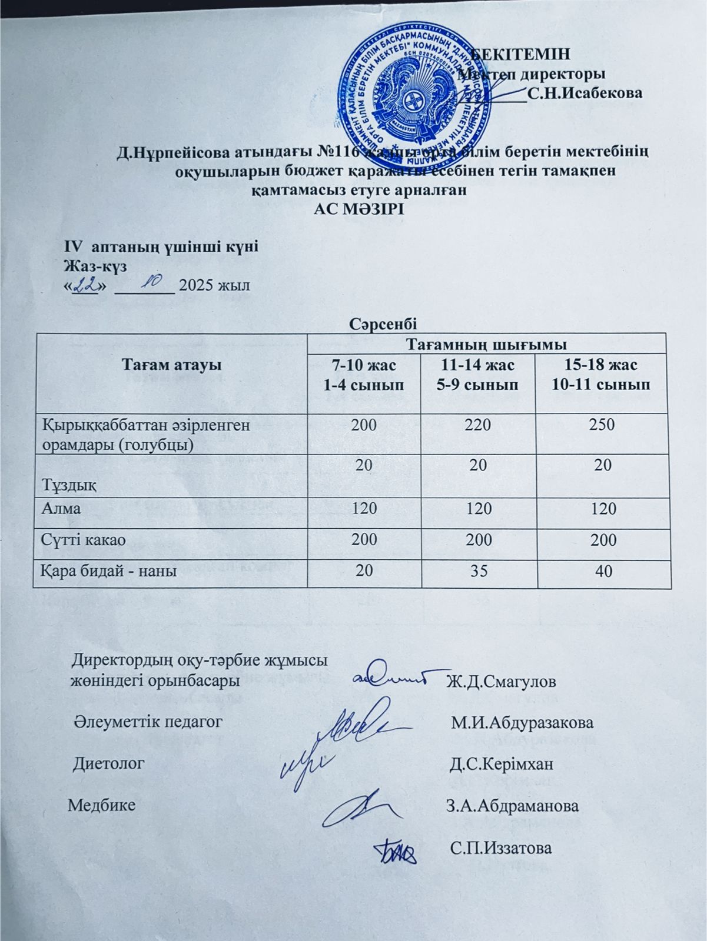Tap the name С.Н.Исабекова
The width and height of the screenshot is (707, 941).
[585, 93]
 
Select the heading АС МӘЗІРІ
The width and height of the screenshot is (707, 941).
[359, 210]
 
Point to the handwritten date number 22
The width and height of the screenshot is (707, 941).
[86, 285]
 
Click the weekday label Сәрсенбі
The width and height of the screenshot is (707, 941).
[383, 322]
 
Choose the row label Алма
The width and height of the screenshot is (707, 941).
[61, 508]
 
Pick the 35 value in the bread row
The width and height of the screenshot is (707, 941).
[479, 570]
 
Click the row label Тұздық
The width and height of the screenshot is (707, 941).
[70, 486]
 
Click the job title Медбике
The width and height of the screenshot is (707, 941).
[101, 805]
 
